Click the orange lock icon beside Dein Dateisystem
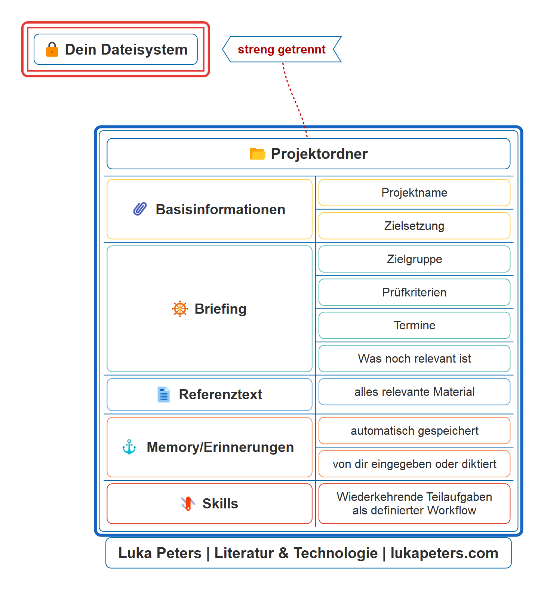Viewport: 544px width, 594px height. tap(52, 49)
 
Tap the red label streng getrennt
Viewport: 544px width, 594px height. tap(282, 49)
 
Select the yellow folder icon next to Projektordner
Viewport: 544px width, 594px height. tap(257, 154)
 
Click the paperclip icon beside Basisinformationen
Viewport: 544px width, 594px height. tap(140, 209)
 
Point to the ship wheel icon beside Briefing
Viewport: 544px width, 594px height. tap(180, 309)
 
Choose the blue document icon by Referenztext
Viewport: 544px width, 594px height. tap(163, 394)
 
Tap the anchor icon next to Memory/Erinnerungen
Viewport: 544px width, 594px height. tap(129, 447)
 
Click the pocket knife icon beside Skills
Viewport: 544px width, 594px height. tap(188, 504)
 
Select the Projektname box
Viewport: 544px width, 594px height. tap(414, 193)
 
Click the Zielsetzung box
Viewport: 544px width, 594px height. tap(414, 226)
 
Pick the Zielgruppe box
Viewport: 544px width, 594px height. tap(414, 259)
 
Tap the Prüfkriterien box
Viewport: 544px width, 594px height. tap(414, 292)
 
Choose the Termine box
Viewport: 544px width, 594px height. tap(414, 325)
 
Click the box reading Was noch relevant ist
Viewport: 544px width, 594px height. tap(414, 358)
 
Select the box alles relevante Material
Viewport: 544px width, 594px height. tap(414, 392)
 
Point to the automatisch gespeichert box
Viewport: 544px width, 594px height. tap(414, 431)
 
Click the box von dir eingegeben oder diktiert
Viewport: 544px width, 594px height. tap(414, 464)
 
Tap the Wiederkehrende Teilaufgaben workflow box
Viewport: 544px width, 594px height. tap(414, 504)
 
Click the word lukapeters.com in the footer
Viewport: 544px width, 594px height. tap(444, 553)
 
